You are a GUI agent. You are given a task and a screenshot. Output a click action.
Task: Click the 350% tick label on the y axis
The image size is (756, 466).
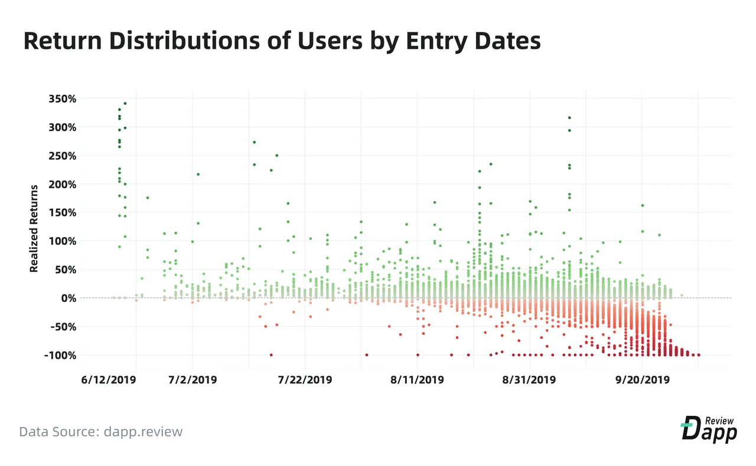coord(63,99)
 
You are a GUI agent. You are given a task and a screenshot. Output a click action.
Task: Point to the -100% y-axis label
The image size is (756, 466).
coord(60,355)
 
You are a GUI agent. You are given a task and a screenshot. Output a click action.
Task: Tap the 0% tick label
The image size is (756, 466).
coord(69,298)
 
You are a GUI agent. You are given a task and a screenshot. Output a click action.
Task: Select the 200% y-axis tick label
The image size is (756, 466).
coord(63,185)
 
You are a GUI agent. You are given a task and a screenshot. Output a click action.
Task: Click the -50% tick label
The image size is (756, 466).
coord(63,327)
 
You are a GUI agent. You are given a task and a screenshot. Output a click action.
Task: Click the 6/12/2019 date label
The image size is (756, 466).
coord(108,380)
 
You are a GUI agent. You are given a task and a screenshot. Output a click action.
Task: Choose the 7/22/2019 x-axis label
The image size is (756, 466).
coord(305,380)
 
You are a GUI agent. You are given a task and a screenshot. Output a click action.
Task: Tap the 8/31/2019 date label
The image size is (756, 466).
coord(529,380)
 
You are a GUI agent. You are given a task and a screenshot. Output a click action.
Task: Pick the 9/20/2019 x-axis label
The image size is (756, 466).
coord(642,380)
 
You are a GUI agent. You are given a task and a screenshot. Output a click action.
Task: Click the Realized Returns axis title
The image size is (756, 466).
coord(34,228)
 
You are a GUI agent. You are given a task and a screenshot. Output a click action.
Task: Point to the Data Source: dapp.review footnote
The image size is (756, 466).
coord(100,432)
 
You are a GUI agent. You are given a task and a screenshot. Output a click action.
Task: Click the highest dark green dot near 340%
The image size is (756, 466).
coord(125,103)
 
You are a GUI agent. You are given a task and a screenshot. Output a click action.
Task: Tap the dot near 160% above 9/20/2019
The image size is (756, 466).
coord(643,205)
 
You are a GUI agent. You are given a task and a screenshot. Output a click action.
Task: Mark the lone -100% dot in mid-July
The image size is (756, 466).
coord(271,355)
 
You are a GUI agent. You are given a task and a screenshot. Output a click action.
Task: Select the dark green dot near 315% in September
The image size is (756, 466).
coord(569,118)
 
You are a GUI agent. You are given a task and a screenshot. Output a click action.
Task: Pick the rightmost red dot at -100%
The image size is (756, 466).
coord(699,355)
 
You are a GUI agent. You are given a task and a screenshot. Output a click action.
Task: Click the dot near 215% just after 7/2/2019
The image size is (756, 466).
coord(198,175)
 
